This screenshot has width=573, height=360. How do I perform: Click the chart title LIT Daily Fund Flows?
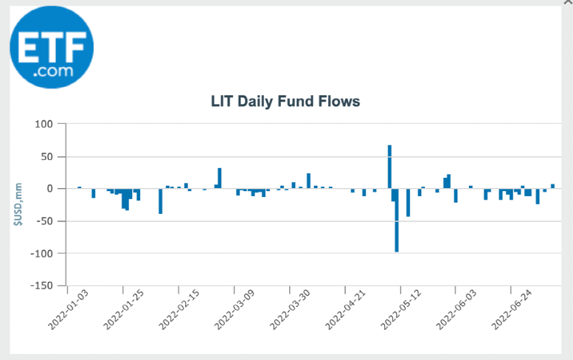[x=285, y=101]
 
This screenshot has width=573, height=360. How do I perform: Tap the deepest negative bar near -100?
[x=397, y=221]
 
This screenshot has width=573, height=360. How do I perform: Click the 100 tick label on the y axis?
[x=45, y=124]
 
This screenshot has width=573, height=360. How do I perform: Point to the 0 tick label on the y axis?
[x=51, y=189]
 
